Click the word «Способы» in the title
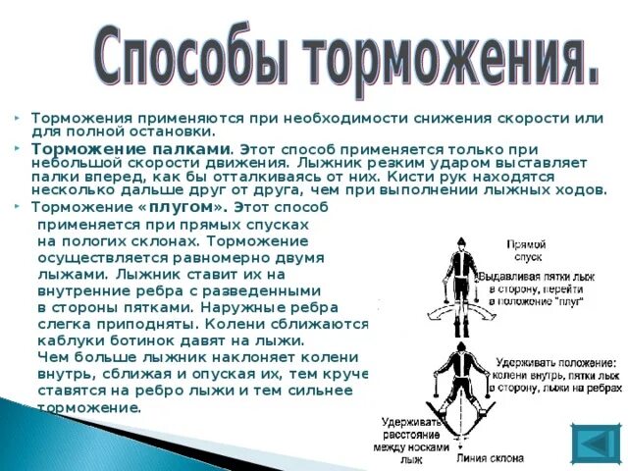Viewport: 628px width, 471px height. (x=196, y=58)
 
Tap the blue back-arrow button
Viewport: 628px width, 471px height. (x=595, y=443)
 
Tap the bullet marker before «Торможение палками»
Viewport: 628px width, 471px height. (x=19, y=146)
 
